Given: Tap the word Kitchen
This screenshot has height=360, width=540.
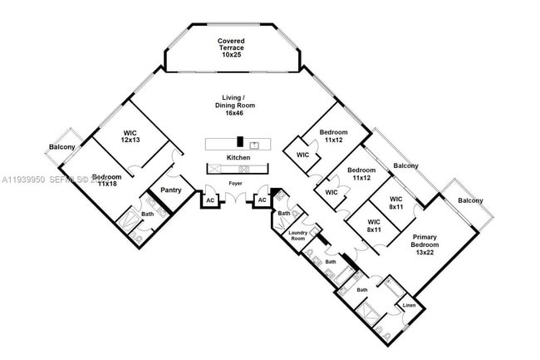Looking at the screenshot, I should point(238,157).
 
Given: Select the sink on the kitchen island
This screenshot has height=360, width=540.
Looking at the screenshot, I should point(255,145).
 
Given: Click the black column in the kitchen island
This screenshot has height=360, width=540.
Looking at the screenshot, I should point(239,142).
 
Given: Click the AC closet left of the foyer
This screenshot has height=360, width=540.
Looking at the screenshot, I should point(211,200).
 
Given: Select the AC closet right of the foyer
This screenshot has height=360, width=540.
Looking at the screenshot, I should point(263,200).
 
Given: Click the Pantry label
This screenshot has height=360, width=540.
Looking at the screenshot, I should point(170,190).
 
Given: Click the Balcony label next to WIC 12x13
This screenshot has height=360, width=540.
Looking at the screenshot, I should point(62,147).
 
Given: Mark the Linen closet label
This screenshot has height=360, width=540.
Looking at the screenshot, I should point(409,305).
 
